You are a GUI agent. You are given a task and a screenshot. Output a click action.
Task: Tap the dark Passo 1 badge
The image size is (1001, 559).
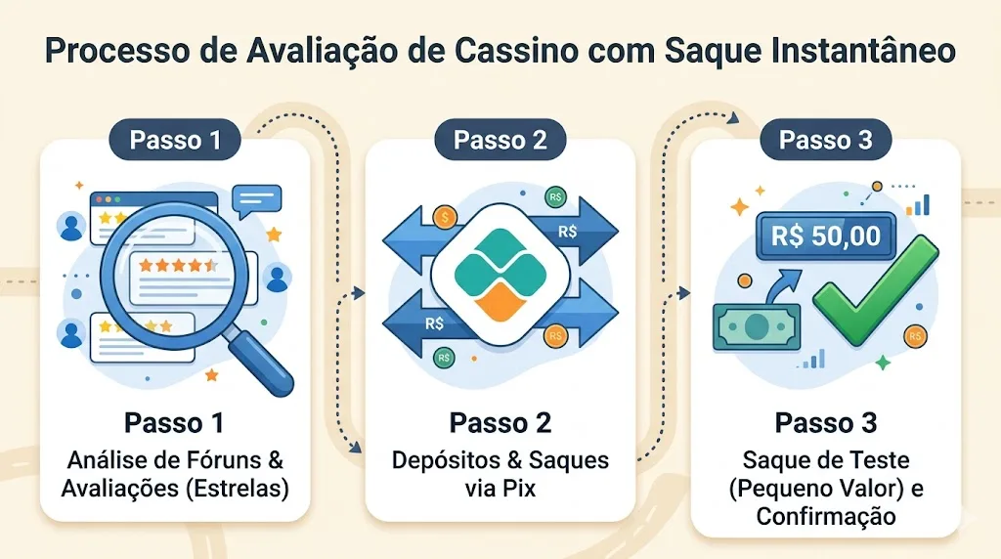click(175, 140)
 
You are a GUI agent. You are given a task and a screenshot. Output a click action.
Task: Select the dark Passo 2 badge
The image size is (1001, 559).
click(500, 140)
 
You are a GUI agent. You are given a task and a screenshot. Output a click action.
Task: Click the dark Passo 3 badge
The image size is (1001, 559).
click(825, 140)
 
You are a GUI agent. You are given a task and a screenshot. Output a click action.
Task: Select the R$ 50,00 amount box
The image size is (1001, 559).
click(825, 236)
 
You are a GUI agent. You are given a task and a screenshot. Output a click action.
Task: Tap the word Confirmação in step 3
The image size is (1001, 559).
click(825, 515)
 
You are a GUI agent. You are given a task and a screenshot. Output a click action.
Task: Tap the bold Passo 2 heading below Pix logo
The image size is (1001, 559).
click(500, 423)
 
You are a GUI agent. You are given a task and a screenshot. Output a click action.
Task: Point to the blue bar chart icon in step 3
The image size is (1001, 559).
click(919, 204)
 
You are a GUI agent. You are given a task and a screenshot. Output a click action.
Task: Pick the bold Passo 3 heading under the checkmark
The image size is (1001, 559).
click(825, 423)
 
